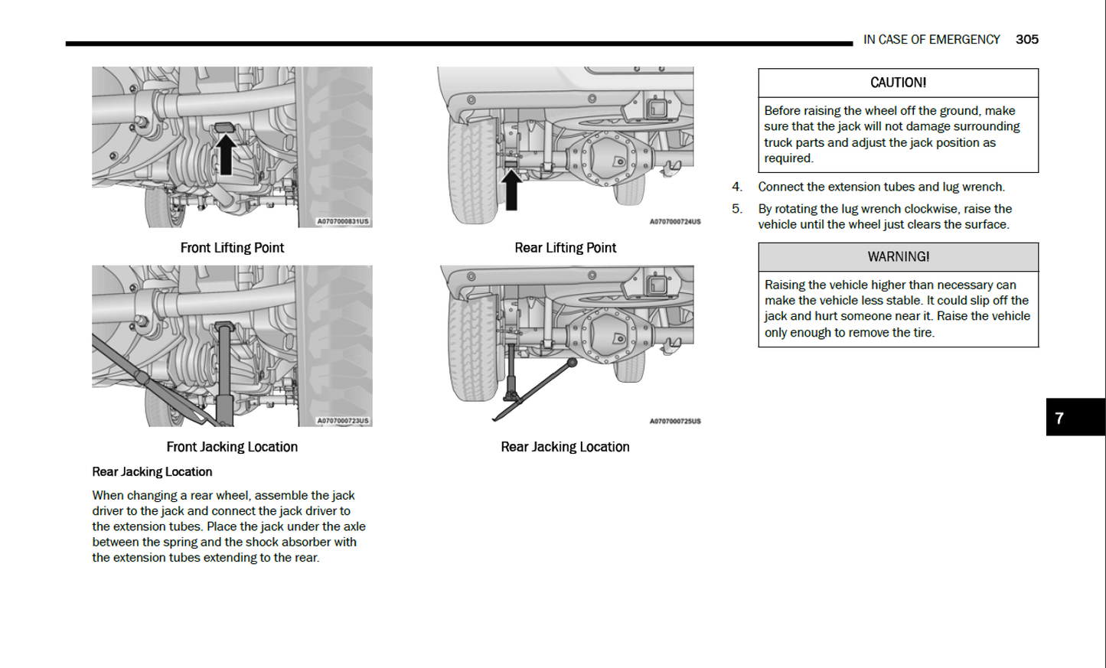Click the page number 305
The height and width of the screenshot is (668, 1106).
pyautogui.click(x=1026, y=40)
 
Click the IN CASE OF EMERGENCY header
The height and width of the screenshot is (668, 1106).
pyautogui.click(x=931, y=40)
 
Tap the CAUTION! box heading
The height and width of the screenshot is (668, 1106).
pyautogui.click(x=898, y=83)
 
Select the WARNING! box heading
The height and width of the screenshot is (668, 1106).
pyautogui.click(x=898, y=257)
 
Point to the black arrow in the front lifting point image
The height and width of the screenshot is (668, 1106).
pyautogui.click(x=225, y=154)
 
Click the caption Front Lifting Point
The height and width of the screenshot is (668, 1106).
pyautogui.click(x=232, y=248)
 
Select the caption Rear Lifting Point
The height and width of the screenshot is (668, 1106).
pyautogui.click(x=565, y=248)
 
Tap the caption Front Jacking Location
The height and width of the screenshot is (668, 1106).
pyautogui.click(x=232, y=447)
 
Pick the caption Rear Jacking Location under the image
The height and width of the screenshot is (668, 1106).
pyautogui.click(x=565, y=447)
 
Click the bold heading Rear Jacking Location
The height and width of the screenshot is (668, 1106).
pyautogui.click(x=152, y=472)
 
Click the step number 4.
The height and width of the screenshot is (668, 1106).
pyautogui.click(x=736, y=187)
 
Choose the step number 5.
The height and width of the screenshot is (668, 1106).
pyautogui.click(x=736, y=209)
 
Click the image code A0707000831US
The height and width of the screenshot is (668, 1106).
pyautogui.click(x=343, y=222)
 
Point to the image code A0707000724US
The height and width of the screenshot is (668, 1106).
pyautogui.click(x=674, y=222)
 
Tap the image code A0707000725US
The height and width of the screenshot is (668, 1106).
pyautogui.click(x=674, y=421)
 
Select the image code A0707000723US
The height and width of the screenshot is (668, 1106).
pyautogui.click(x=343, y=421)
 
